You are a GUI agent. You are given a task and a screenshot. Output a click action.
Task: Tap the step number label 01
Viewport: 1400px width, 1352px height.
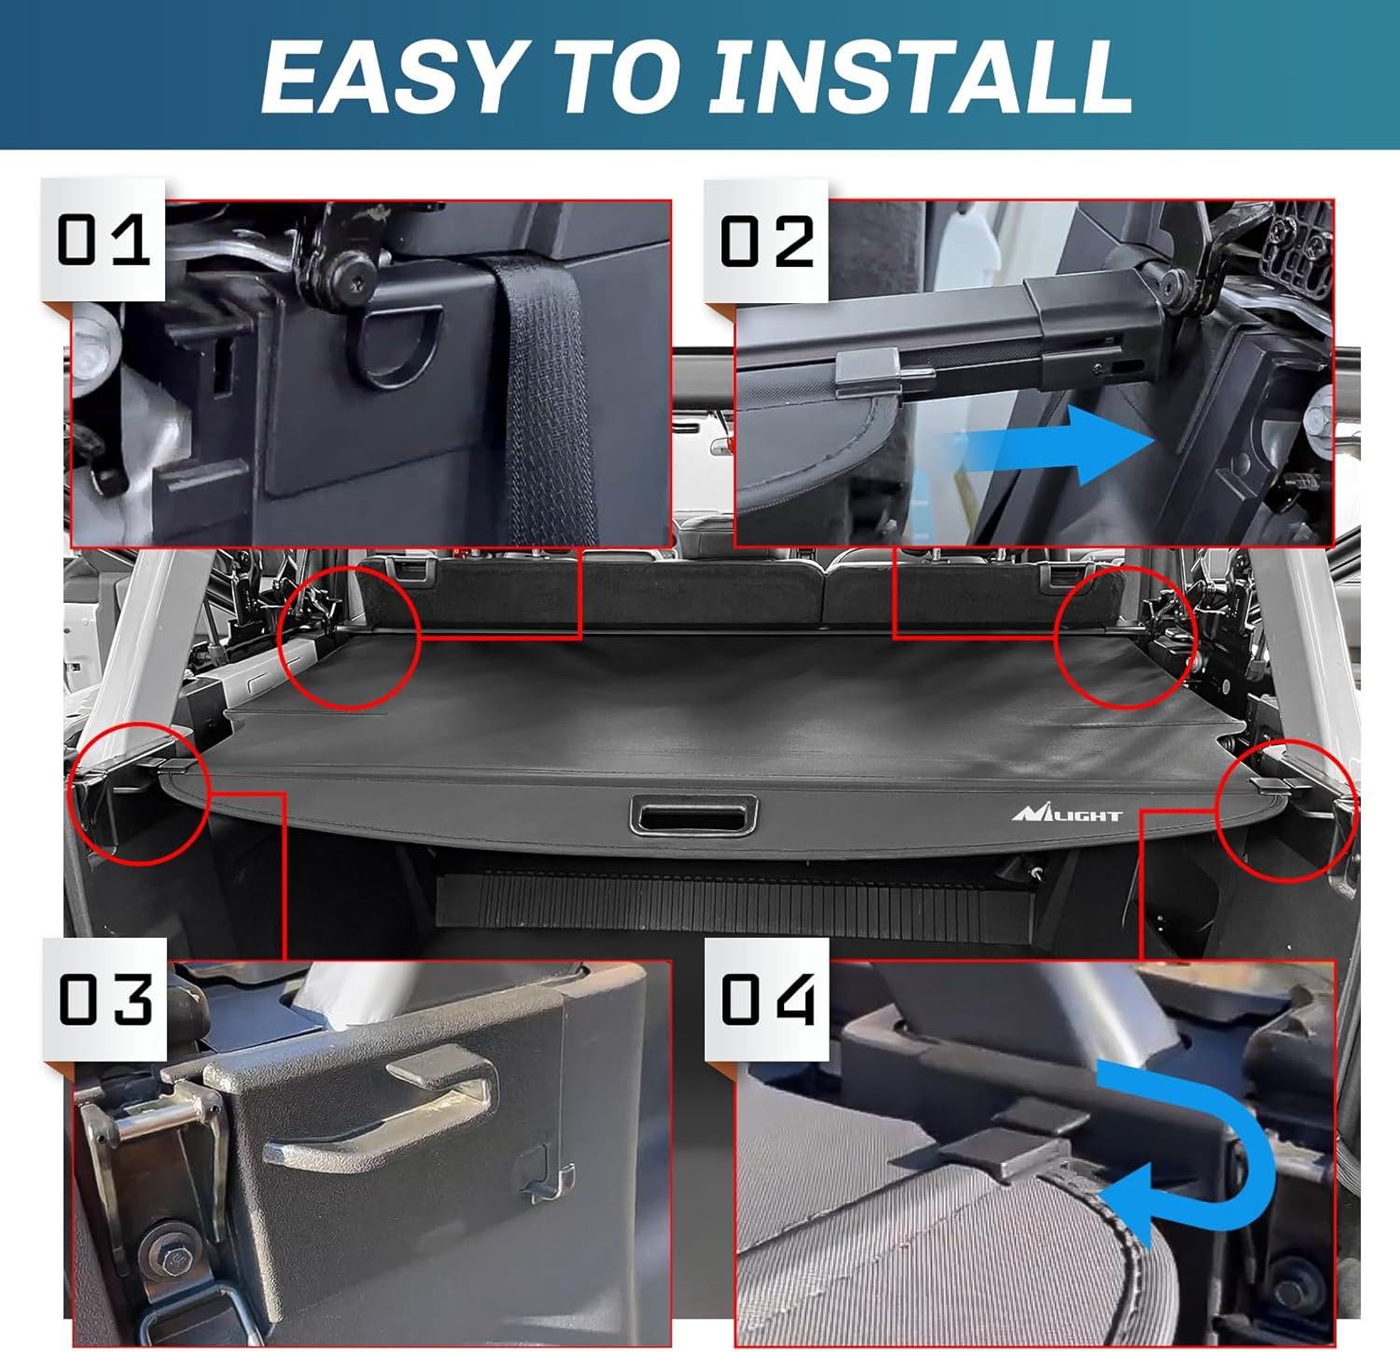104,240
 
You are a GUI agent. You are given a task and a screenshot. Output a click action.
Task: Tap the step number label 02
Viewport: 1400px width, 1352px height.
767,240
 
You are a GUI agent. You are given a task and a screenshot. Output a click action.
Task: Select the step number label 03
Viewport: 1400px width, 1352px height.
105,999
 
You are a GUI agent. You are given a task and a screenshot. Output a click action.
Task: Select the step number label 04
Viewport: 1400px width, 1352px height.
767,999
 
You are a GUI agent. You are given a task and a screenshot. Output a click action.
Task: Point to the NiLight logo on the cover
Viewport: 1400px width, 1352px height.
1068,814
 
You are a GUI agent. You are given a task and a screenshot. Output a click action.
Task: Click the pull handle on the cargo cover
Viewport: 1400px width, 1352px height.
693,815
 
